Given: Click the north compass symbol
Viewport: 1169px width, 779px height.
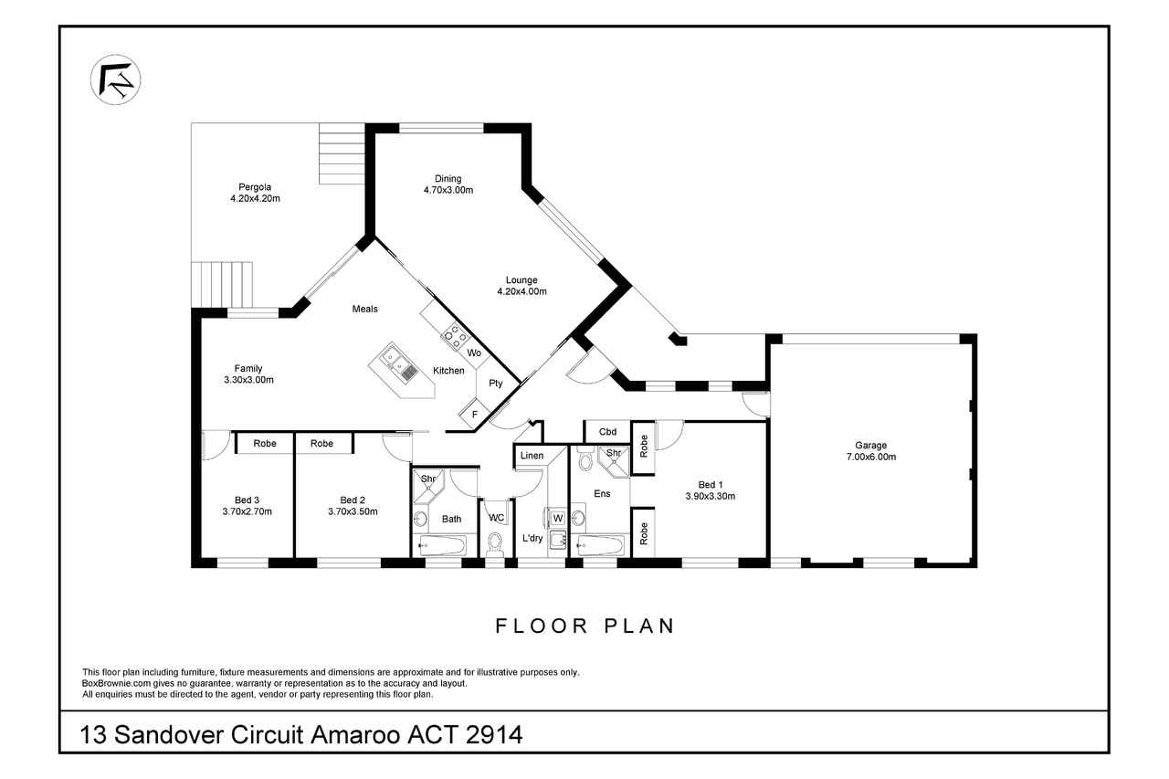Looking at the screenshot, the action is click(115, 79).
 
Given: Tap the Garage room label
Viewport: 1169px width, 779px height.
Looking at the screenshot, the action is click(870, 445).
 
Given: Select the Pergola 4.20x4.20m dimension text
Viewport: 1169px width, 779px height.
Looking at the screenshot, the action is click(255, 198).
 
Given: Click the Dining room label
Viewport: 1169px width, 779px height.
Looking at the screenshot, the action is click(448, 179).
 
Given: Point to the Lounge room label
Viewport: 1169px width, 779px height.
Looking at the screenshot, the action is click(521, 280).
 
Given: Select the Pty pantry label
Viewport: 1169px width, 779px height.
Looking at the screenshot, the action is click(495, 384).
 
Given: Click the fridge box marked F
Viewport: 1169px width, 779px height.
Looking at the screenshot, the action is click(474, 415).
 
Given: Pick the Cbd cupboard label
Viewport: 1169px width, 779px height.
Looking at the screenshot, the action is click(607, 432).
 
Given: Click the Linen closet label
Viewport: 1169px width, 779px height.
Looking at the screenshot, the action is click(532, 456).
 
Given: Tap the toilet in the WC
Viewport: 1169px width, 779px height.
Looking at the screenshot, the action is click(494, 544).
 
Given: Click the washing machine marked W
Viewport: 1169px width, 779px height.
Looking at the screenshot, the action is click(557, 518).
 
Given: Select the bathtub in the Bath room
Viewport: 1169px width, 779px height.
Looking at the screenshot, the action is click(442, 546).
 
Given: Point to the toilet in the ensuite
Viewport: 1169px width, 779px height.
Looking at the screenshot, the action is click(585, 458).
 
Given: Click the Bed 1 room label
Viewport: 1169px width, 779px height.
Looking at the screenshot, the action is click(711, 485).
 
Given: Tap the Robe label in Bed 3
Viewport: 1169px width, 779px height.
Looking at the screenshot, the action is click(265, 444).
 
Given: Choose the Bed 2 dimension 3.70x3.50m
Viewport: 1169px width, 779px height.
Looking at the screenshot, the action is click(353, 511).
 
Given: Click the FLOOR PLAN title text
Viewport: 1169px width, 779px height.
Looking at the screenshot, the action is click(584, 626).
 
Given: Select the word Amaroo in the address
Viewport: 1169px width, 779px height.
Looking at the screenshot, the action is click(355, 734).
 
